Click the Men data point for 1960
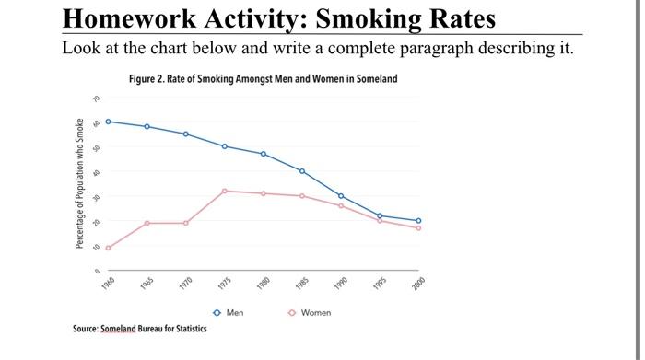(109, 122)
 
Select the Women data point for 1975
(225, 191)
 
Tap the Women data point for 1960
(109, 248)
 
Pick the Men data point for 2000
(418, 221)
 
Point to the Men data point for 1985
(302, 171)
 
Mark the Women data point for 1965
(147, 223)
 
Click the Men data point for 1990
(341, 196)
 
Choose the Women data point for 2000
(418, 227)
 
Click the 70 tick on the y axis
(93, 97)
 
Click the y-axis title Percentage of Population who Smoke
(80, 184)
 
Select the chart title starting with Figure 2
(264, 79)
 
